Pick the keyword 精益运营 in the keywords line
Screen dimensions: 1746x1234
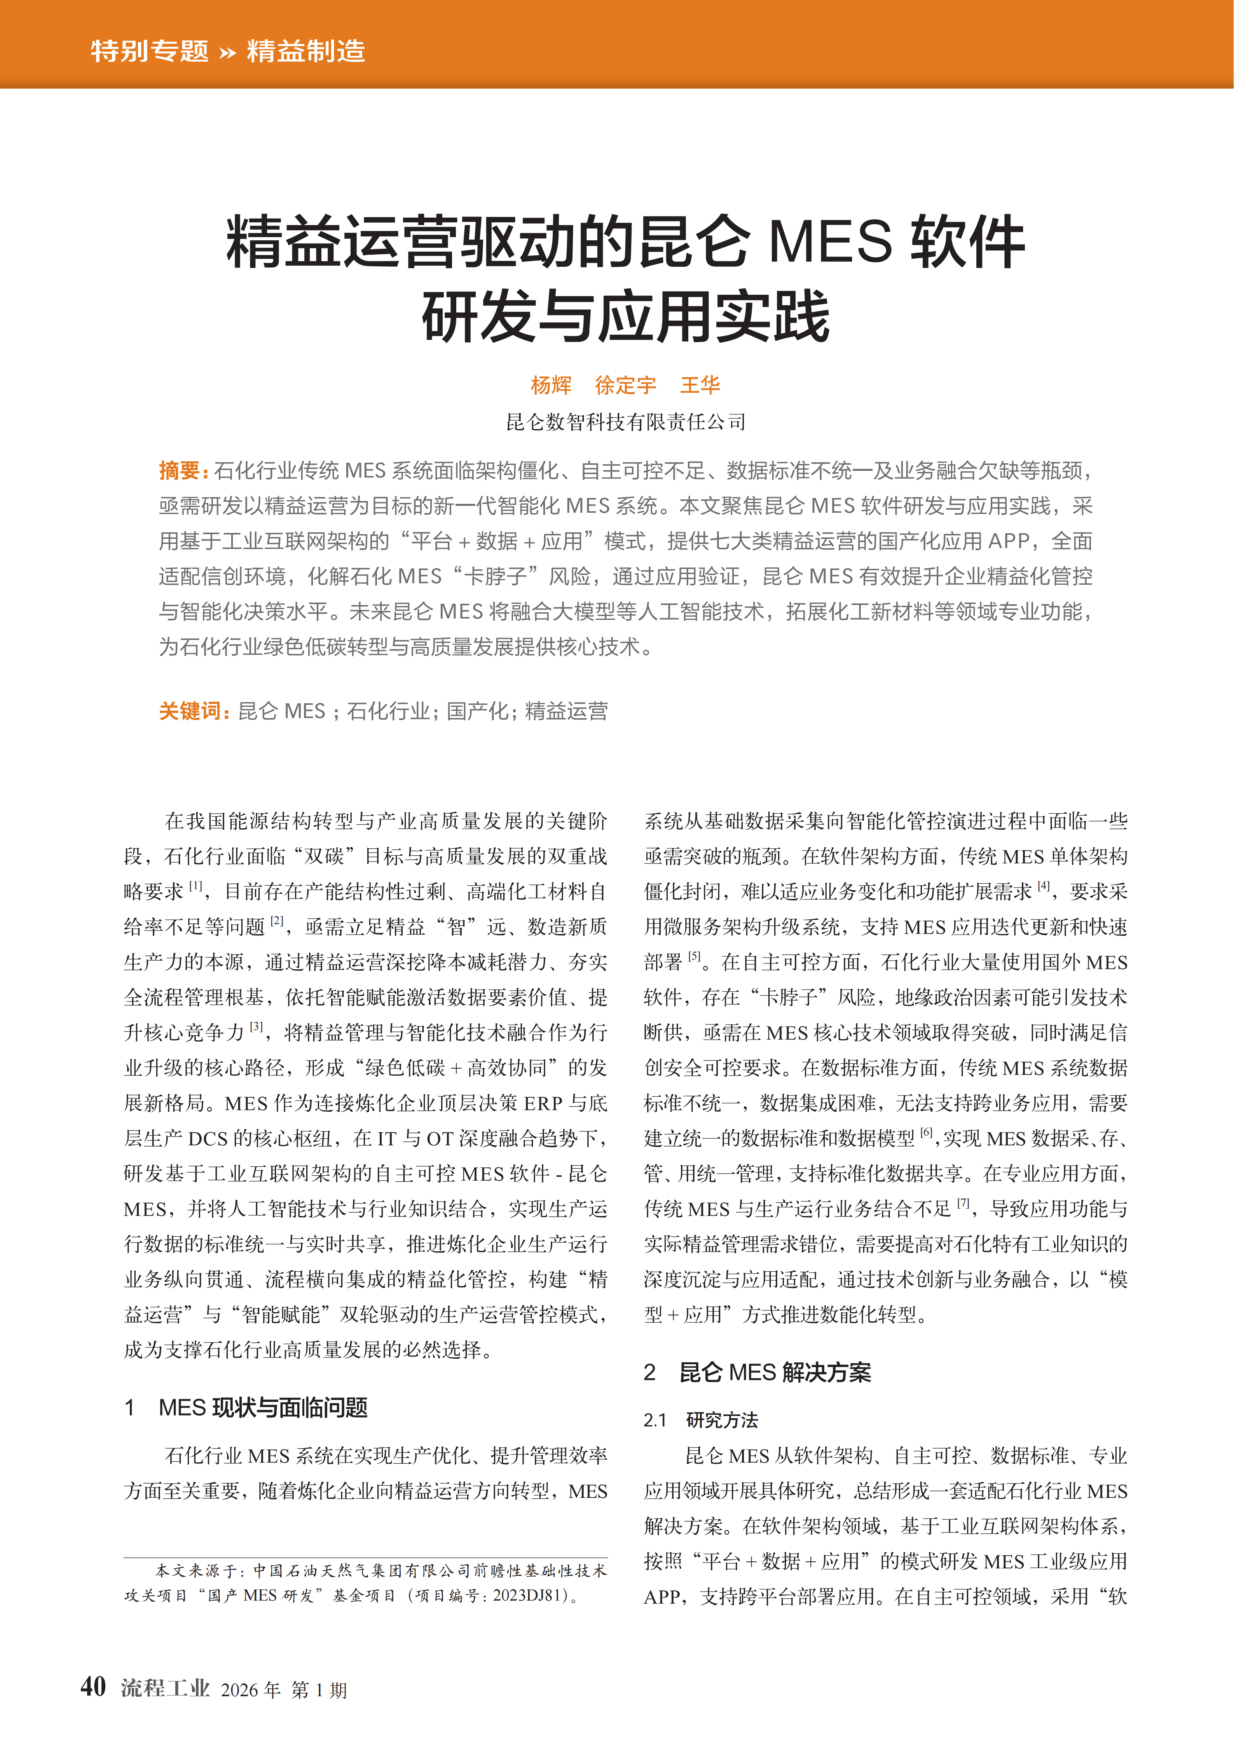[x=566, y=711]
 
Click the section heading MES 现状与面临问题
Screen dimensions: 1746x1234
[x=262, y=1408]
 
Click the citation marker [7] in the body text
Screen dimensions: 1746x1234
[x=963, y=1203]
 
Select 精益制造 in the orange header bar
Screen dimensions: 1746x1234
[x=305, y=51]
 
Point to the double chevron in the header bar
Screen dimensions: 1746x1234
[x=227, y=52]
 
